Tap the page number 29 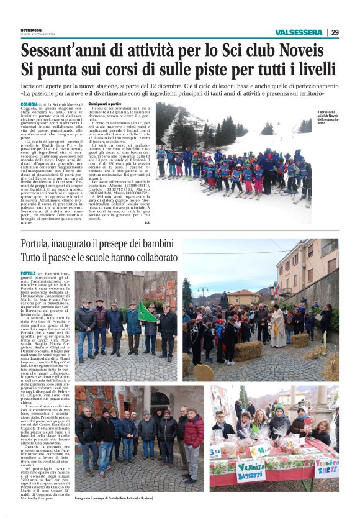[x=335, y=32]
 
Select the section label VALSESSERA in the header [x=299, y=32]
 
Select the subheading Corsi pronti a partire [x=105, y=105]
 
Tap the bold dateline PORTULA [x=28, y=273]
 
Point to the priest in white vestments [x=277, y=325]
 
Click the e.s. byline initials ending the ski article [x=146, y=222]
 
